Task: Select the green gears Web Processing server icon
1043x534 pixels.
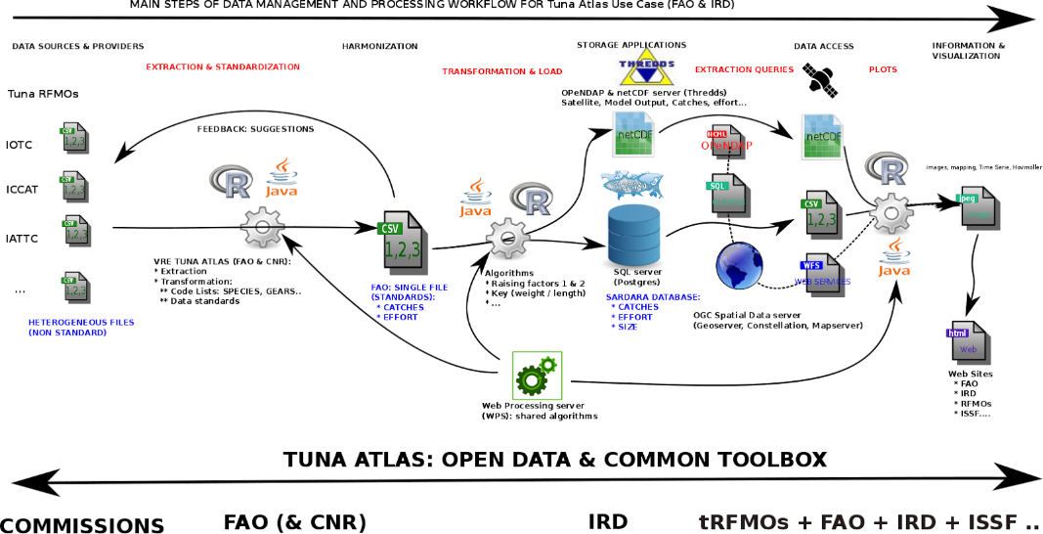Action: (537, 376)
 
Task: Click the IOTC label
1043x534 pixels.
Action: (19, 145)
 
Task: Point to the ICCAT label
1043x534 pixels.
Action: (22, 190)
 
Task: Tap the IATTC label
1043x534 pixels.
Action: (22, 238)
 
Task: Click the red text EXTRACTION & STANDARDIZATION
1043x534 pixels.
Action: (223, 67)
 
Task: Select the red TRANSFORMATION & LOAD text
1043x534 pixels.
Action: (502, 71)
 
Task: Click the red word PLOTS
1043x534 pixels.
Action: (883, 69)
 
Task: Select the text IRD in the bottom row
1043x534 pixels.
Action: (607, 522)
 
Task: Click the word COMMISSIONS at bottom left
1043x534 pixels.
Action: (82, 525)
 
